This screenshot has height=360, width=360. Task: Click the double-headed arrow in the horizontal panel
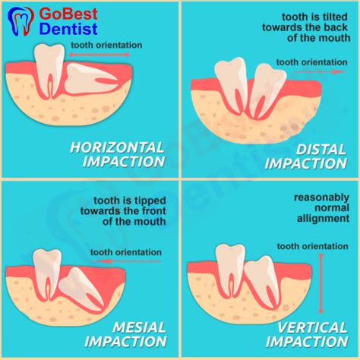pyautogui.click(x=99, y=55)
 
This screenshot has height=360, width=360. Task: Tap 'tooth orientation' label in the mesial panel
pyautogui.click(x=125, y=251)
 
